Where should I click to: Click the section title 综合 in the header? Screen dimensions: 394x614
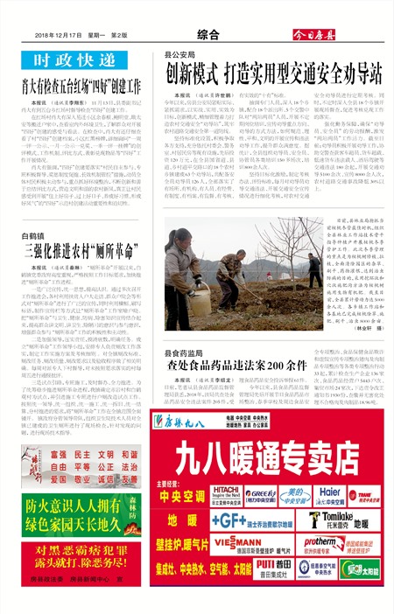pyautogui.click(x=208, y=35)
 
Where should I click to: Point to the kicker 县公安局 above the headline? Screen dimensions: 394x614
pyautogui.click(x=181, y=54)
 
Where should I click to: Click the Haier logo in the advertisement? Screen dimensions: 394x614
pyautogui.click(x=328, y=493)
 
